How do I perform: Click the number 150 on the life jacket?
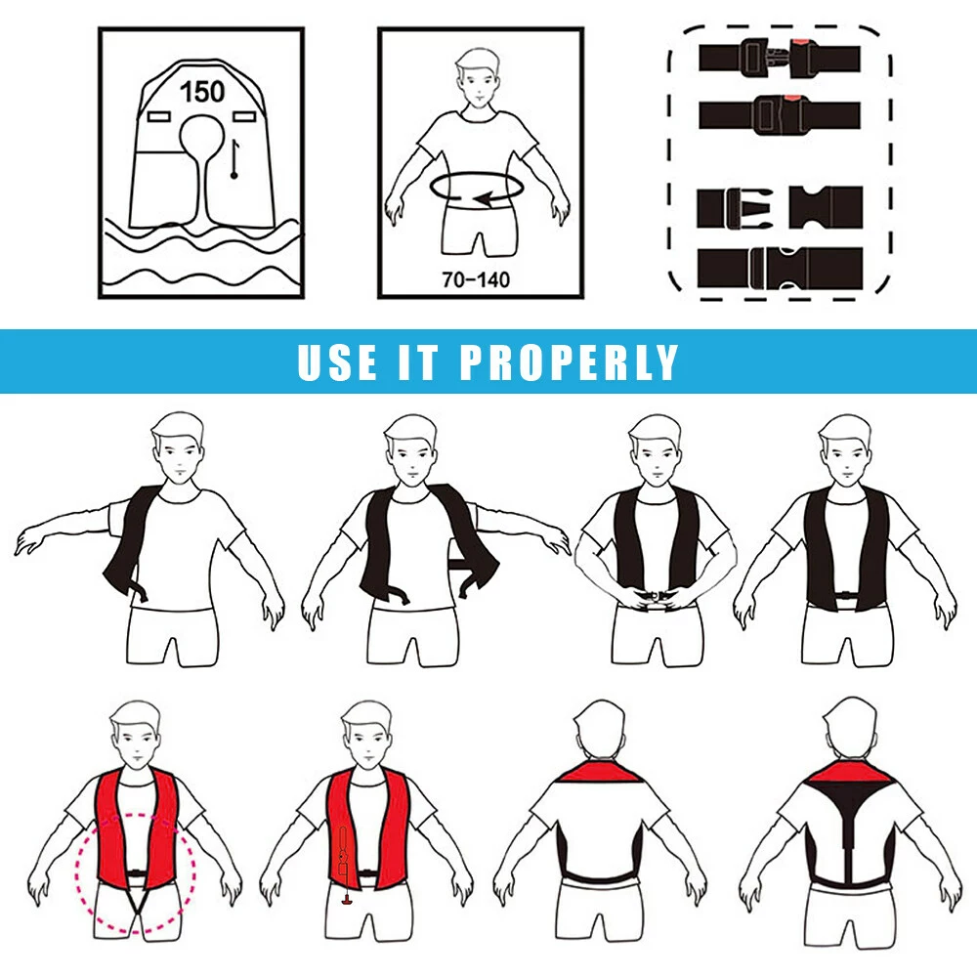(202, 92)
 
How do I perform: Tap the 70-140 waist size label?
(476, 279)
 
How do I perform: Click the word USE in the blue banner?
(337, 361)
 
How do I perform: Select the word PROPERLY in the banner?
(569, 361)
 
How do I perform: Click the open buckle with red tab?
(780, 58)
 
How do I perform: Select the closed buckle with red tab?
(780, 114)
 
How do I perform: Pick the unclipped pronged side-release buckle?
(780, 207)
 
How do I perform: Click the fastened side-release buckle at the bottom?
(780, 268)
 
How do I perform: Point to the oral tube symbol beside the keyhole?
(234, 159)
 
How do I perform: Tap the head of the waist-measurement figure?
(478, 76)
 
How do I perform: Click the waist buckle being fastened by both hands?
(655, 597)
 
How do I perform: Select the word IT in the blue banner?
(418, 361)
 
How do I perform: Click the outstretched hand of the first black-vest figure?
(31, 541)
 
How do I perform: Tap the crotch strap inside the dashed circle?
(136, 904)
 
